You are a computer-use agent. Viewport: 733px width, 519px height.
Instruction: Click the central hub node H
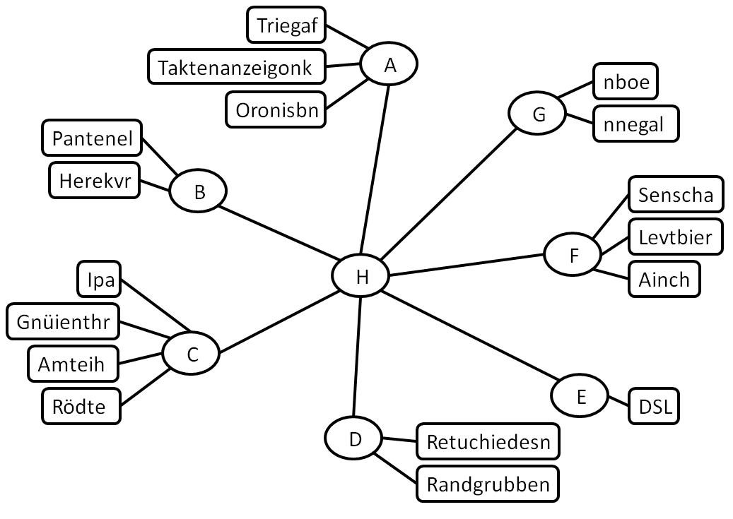[x=361, y=277]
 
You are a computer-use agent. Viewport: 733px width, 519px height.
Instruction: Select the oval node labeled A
[x=389, y=65]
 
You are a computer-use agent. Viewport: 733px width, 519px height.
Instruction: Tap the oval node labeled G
[x=538, y=114]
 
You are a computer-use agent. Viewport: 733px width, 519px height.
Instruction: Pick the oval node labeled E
[x=580, y=396]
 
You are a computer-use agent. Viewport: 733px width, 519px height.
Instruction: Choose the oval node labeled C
[x=192, y=354]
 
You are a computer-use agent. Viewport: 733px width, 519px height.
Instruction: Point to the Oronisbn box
[x=276, y=110]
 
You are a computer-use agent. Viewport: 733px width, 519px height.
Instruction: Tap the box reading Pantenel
[x=92, y=139]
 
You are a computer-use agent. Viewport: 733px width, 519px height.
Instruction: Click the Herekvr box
[x=94, y=181]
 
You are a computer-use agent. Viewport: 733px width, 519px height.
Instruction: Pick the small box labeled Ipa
[x=99, y=280]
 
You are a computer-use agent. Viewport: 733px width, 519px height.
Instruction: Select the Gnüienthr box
[x=63, y=322]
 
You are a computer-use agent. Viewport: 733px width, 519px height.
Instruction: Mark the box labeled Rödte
[x=78, y=407]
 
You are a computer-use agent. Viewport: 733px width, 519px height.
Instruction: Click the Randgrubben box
[x=488, y=485]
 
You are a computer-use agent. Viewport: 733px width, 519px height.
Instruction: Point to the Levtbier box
[x=674, y=237]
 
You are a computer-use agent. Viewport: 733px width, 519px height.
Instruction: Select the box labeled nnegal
[x=635, y=124]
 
